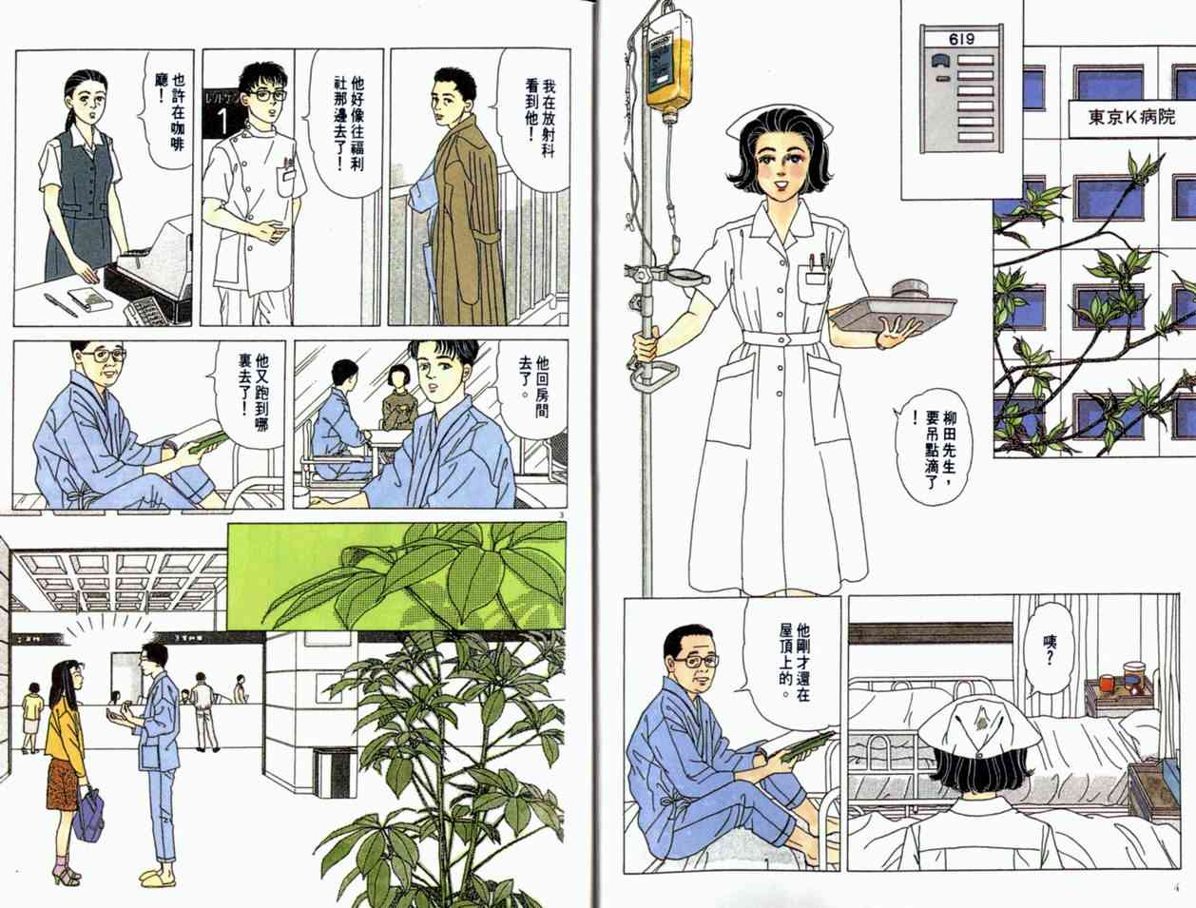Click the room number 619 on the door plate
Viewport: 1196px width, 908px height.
coord(962,39)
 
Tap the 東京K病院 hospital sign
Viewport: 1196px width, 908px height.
coord(1131,117)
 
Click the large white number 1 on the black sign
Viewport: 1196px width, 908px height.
coord(222,122)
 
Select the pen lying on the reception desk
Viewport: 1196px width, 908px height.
coord(59,304)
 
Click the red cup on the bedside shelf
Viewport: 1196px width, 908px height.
coord(1106,683)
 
